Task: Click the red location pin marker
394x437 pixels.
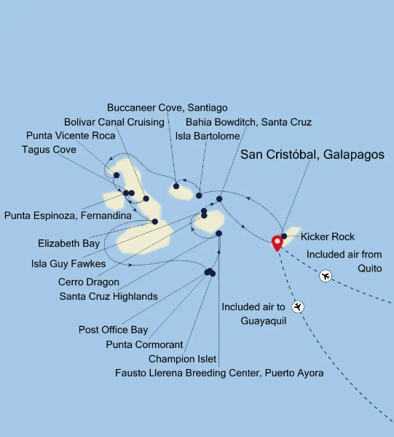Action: (x=277, y=243)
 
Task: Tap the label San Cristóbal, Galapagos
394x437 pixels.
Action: (x=312, y=155)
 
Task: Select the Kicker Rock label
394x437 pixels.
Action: (x=327, y=237)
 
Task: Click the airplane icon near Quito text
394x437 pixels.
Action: (x=326, y=276)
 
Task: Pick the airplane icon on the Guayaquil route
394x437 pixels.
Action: (x=297, y=306)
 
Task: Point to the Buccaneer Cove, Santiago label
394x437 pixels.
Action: (x=167, y=108)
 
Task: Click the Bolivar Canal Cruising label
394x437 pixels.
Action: (x=114, y=122)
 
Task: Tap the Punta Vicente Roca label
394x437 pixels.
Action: (x=70, y=136)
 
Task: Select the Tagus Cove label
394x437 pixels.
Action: (x=49, y=150)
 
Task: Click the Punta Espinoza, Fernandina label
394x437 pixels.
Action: (x=68, y=215)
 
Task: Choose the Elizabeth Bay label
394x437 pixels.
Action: (x=70, y=243)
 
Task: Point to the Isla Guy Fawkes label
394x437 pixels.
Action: (x=68, y=263)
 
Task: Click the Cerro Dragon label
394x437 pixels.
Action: (x=88, y=282)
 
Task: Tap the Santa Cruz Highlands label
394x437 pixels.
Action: (x=109, y=296)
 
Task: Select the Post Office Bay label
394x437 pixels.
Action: (x=113, y=330)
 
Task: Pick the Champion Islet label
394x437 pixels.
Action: (x=181, y=358)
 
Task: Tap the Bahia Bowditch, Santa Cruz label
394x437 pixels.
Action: (x=248, y=122)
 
